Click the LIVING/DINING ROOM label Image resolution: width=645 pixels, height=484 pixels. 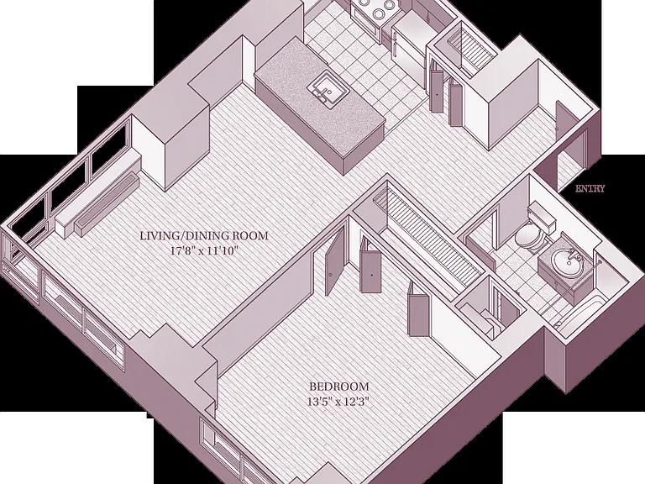pyautogui.click(x=204, y=236)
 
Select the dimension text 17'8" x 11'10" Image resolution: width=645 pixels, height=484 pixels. pyautogui.click(x=204, y=250)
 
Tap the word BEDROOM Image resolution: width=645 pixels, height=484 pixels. pyautogui.click(x=339, y=387)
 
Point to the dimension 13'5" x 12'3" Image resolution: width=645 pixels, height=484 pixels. pyautogui.click(x=339, y=401)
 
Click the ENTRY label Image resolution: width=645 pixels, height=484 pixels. pyautogui.click(x=590, y=188)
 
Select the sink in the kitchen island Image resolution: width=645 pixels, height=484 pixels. pyautogui.click(x=328, y=88)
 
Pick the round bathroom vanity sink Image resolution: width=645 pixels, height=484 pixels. pyautogui.click(x=567, y=263)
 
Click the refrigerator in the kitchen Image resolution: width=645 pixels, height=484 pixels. pyautogui.click(x=408, y=45)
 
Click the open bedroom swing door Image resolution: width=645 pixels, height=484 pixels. pyautogui.click(x=333, y=262)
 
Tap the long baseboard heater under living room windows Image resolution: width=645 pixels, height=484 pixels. pyautogui.click(x=106, y=205)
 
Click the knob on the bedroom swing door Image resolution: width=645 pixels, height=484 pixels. pyautogui.click(x=331, y=275)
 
